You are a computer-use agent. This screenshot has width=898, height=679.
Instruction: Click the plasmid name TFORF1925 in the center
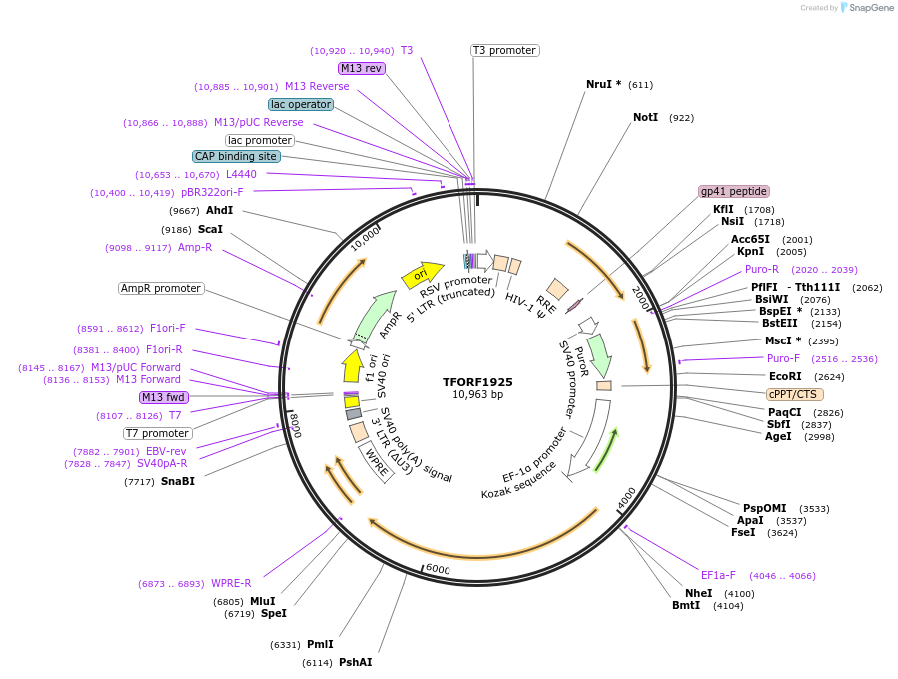coord(477,382)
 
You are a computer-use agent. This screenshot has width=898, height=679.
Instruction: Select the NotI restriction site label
coord(645,118)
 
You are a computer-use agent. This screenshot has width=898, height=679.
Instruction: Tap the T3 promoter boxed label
coord(504,50)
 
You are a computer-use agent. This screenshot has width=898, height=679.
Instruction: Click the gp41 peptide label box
coord(734,191)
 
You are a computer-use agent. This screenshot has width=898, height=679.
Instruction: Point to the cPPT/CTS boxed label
coord(795,394)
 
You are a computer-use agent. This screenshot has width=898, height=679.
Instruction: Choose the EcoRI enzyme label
coord(785,376)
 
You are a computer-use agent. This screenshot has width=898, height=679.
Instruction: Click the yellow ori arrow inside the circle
coord(422,274)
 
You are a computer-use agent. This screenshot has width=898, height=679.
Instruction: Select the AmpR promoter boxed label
coord(161,288)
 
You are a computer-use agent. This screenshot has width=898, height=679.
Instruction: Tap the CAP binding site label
coord(236,156)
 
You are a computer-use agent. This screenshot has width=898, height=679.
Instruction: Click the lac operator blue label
coord(301,104)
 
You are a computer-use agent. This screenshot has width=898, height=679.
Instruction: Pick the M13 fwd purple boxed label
coord(163,397)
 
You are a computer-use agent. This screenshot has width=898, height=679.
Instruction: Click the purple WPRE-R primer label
coord(231,583)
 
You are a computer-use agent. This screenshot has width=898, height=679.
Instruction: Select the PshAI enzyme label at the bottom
coord(355,662)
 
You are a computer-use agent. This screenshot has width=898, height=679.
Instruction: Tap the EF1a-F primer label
coord(718,575)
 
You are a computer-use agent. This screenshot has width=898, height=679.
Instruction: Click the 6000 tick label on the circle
coord(439,569)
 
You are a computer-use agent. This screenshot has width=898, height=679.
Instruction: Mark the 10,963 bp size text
coord(477,395)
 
